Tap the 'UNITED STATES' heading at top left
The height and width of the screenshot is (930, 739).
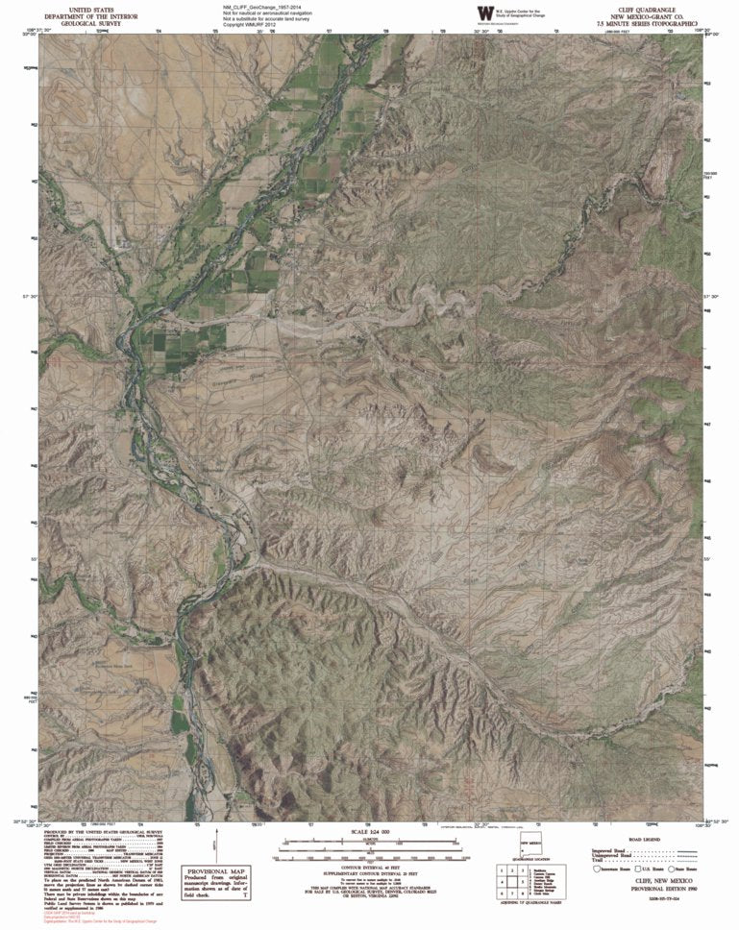coord(77,7)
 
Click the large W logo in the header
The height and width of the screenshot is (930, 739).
coord(483,12)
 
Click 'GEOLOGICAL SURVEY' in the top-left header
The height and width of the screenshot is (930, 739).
coord(77,22)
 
